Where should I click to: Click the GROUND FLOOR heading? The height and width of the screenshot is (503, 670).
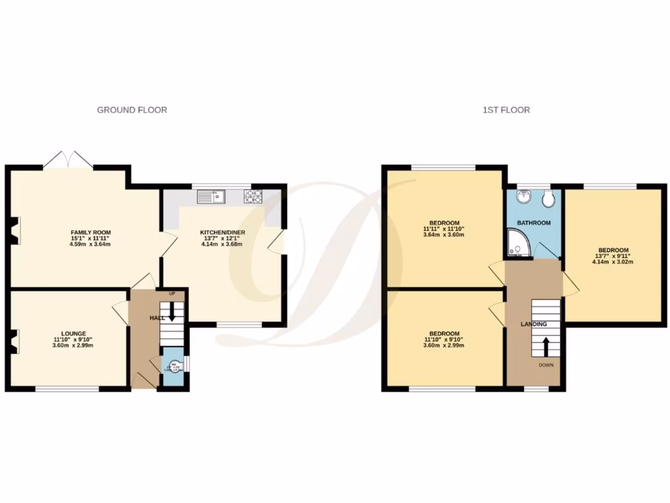click(x=132, y=110)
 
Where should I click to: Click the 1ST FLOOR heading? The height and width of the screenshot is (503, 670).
click(x=506, y=110)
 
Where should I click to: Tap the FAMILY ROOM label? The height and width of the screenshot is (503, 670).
click(x=90, y=233)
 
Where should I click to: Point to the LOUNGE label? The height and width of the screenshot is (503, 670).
click(x=69, y=333)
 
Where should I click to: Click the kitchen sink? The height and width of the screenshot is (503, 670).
click(x=211, y=195)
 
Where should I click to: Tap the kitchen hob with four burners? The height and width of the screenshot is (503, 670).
click(x=252, y=195)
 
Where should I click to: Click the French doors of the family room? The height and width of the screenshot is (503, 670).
click(x=69, y=160)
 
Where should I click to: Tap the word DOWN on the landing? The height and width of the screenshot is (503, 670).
click(x=546, y=365)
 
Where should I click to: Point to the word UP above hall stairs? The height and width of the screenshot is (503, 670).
click(x=172, y=293)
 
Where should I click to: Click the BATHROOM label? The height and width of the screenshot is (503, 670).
click(x=534, y=223)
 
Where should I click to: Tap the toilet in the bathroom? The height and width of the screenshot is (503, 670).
click(x=548, y=197)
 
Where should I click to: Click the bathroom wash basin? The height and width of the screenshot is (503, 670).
click(x=522, y=197)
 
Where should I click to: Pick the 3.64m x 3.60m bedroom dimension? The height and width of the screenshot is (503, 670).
click(x=444, y=234)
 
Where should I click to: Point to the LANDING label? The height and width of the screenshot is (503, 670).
click(x=533, y=324)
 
